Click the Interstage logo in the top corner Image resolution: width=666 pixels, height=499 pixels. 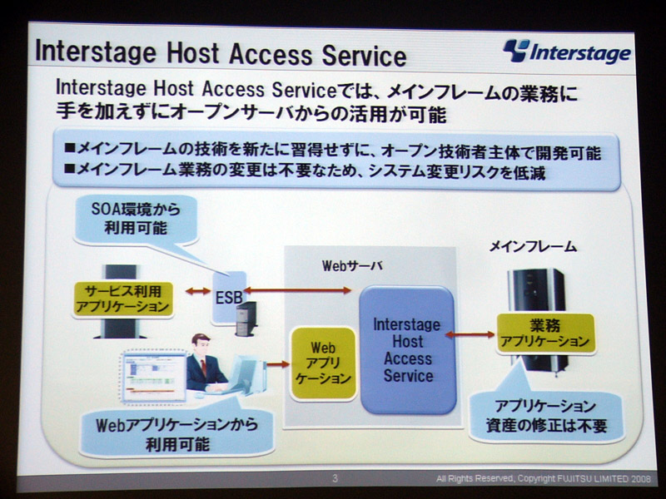567,52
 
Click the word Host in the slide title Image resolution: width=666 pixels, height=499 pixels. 193,53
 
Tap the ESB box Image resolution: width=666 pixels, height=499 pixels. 229,297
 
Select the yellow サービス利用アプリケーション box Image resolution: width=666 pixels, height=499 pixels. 123,299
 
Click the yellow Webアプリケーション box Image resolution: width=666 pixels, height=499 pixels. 323,363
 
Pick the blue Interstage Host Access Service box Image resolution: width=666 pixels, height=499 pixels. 407,350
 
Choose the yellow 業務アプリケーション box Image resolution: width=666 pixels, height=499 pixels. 545,333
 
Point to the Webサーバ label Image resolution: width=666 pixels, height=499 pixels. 352,265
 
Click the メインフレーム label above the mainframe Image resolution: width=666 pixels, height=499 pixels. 533,246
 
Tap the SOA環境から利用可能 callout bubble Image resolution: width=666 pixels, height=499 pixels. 136,219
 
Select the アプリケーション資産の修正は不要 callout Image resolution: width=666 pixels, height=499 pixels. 547,417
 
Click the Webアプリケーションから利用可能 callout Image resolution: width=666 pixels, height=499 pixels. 176,434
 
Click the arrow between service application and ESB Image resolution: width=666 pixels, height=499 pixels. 198,291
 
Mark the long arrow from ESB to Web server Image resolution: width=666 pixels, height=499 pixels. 297,290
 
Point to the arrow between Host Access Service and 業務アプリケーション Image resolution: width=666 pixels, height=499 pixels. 470,335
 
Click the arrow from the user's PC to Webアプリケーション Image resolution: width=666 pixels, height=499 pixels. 278,364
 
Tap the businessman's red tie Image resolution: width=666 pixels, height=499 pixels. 203,367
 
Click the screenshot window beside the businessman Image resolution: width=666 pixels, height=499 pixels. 154,376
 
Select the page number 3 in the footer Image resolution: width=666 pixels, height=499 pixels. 335,479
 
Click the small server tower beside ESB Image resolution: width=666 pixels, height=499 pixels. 246,319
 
